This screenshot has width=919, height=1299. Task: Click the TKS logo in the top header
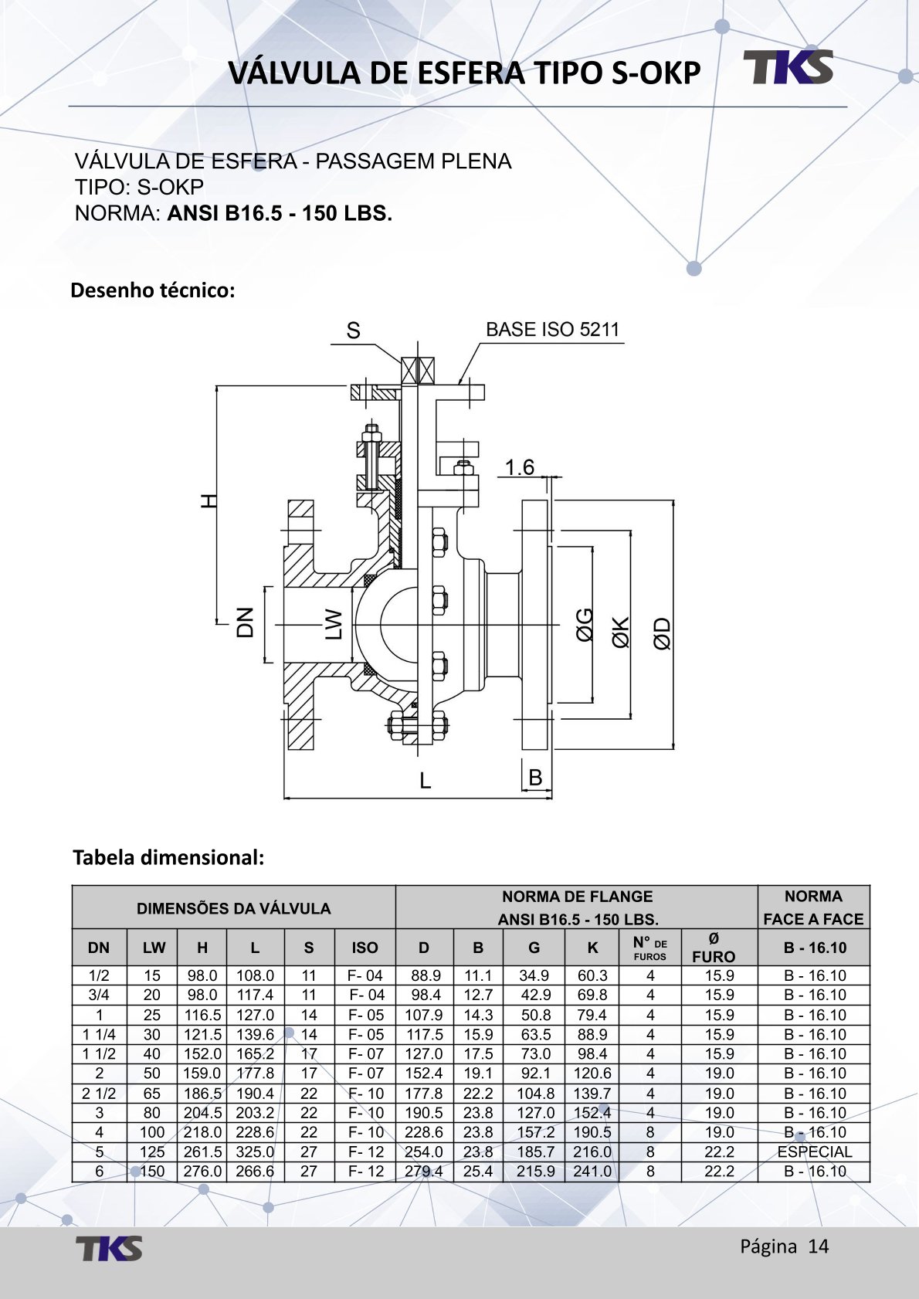pos(788,67)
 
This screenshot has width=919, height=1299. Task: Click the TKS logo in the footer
pos(109,1248)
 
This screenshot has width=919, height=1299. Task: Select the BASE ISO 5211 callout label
pos(552,330)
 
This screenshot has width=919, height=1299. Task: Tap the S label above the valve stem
pos(353,331)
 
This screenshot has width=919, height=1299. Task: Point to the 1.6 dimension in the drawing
pos(519,467)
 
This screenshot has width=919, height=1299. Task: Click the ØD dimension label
pos(662,633)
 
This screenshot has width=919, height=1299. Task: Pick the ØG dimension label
pos(585,625)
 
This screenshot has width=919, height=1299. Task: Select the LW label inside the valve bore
pos(333,624)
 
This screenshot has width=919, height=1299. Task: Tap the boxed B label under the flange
pos(535,778)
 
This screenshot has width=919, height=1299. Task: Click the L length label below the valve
pos(425,781)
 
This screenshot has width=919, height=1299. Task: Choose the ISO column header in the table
pos(365,948)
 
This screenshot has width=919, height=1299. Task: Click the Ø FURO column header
pos(713,948)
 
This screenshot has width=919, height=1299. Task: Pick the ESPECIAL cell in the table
pos(814,1151)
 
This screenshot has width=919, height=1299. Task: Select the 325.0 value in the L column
pos(255,1151)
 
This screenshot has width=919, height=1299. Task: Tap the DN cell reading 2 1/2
pos(99,1094)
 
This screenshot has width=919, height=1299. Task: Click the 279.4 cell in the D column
pos(424,1172)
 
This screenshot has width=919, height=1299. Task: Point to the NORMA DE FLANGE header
pos(577,897)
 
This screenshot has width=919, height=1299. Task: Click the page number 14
pos(819,1246)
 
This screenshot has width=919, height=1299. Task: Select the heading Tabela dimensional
pos(168,857)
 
